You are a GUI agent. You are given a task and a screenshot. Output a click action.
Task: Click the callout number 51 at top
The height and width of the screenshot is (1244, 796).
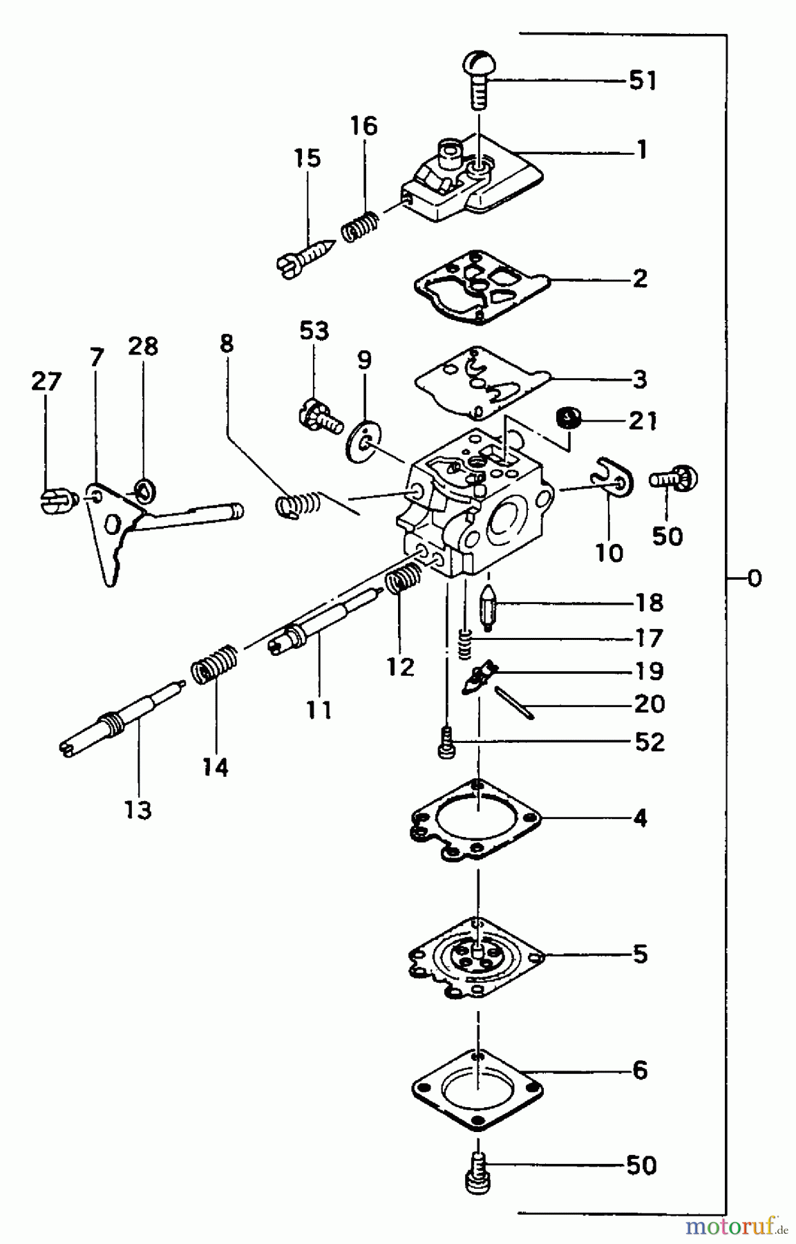click(x=642, y=81)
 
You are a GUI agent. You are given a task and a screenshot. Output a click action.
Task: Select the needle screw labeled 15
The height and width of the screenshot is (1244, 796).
click(x=305, y=258)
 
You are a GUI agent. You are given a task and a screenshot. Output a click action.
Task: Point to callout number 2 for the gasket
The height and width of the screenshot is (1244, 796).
click(x=640, y=279)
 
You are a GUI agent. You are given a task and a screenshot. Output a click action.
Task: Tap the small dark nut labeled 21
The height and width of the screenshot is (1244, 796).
click(x=569, y=417)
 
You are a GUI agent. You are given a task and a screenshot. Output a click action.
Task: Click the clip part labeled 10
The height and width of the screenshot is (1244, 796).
click(x=611, y=477)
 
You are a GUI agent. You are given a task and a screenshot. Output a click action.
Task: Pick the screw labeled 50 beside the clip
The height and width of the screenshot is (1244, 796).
click(x=674, y=479)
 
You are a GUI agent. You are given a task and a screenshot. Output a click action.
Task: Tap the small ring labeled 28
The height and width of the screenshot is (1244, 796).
click(x=143, y=489)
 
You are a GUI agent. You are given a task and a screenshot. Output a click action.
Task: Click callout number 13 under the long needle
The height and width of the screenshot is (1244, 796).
click(x=138, y=809)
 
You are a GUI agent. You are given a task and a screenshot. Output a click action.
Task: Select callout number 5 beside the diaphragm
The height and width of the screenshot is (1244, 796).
click(x=640, y=954)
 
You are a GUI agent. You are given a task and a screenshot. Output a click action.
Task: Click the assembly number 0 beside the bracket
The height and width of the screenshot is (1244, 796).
click(x=754, y=578)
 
